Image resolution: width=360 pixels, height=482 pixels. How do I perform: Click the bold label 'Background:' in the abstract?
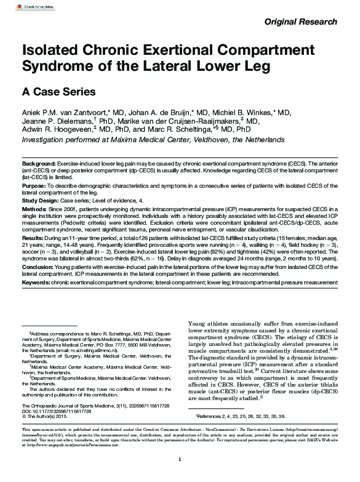(38, 161)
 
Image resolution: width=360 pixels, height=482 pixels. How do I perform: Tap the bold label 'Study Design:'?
(41, 201)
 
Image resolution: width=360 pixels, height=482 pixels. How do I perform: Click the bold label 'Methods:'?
(34, 210)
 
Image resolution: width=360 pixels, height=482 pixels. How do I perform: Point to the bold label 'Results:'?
(33, 237)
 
